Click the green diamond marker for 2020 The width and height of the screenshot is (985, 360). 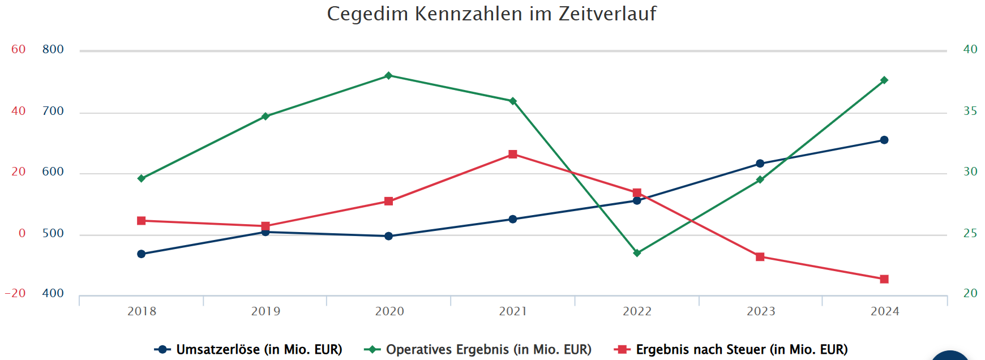click(388, 76)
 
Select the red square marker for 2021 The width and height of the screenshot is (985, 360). click(513, 155)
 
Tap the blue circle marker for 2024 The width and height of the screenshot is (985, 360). click(884, 140)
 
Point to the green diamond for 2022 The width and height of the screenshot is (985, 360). click(637, 253)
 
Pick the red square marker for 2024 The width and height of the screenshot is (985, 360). click(884, 279)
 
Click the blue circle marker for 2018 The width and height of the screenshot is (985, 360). click(142, 254)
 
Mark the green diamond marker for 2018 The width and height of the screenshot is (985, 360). click(142, 178)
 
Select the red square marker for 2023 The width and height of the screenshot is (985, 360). click(760, 257)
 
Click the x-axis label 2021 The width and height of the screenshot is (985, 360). click(513, 311)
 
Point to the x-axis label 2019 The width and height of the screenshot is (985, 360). click(265, 311)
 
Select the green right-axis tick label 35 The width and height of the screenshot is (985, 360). click(970, 112)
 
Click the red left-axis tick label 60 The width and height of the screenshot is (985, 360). click(19, 50)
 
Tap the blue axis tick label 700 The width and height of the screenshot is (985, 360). click(53, 112)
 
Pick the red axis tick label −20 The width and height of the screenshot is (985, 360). click(15, 293)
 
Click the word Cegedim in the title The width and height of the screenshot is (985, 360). click(367, 14)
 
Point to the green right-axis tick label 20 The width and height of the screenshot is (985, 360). click(970, 293)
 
